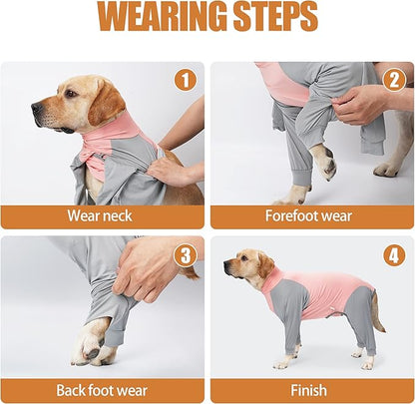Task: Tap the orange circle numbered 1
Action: coord(185,80)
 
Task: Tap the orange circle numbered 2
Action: coord(393,80)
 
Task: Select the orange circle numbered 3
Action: coord(185,255)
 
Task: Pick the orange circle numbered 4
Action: coord(393,255)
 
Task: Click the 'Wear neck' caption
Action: coord(103,215)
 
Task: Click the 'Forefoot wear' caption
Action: coord(309,215)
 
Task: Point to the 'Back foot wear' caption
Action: coord(103,390)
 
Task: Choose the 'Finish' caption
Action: coord(309,390)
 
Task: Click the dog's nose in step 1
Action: coord(36,103)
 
